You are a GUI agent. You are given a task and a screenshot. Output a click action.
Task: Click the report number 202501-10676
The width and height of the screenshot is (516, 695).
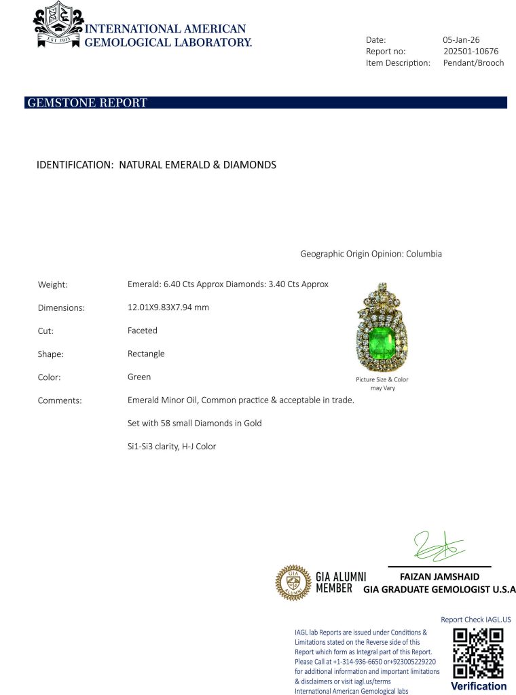[x=471, y=51]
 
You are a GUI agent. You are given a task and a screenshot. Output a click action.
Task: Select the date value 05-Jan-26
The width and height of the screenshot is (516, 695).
[x=461, y=39]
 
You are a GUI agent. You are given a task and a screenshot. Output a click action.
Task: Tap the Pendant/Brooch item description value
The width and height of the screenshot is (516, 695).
[x=473, y=62]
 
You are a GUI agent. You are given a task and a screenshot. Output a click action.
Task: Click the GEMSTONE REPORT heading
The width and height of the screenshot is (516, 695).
[x=87, y=103]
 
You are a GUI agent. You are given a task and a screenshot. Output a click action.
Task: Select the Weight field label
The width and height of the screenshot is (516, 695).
[x=52, y=285]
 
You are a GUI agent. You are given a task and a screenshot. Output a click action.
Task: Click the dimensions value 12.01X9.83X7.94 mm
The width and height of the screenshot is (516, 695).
[x=168, y=307]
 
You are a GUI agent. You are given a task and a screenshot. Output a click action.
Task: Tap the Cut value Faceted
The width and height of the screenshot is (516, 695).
[x=142, y=331]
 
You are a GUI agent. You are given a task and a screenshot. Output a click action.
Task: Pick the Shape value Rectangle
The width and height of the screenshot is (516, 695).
[x=146, y=354]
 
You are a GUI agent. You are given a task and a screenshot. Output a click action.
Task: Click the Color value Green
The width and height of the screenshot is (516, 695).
[x=139, y=377]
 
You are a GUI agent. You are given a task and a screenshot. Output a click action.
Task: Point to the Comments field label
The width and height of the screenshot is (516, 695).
[x=60, y=400]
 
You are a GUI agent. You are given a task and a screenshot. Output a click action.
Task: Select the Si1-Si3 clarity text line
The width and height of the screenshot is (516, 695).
[x=172, y=447]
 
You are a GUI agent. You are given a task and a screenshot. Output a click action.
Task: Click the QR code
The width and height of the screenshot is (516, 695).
[x=478, y=652]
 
